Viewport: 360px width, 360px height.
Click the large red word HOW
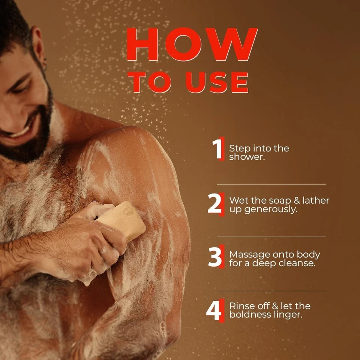192,44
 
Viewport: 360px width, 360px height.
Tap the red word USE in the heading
217,82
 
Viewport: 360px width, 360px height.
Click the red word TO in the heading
150,82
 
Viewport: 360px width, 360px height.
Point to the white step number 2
214,203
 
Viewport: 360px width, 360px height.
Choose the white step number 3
215,256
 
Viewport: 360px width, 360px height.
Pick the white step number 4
214,310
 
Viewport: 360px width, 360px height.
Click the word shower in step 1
247,157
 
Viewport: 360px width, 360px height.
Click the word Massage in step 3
250,255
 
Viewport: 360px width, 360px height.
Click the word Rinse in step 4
241,306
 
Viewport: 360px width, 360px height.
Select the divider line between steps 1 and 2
271,184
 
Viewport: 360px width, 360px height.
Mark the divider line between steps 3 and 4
271,291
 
